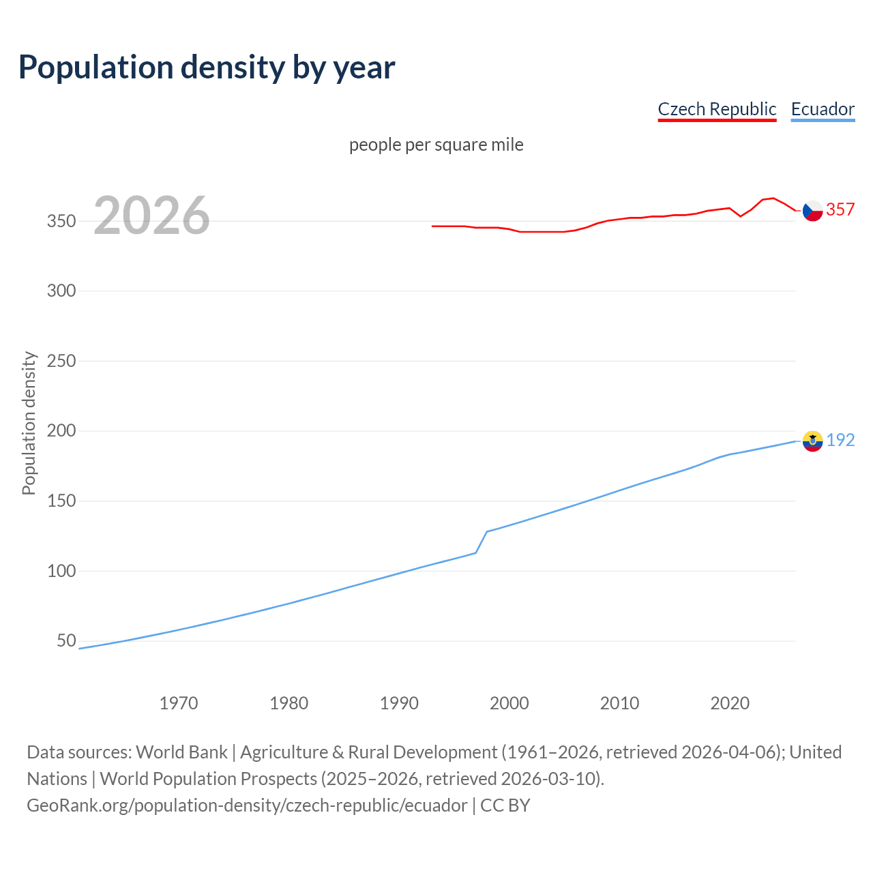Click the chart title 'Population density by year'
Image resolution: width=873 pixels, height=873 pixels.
[x=207, y=68]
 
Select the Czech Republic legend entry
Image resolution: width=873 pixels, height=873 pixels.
[x=717, y=109]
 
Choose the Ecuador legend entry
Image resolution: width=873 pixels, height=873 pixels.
[x=823, y=109]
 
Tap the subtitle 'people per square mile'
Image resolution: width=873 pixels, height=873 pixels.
[x=436, y=145]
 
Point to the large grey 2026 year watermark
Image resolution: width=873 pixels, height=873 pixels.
[x=151, y=216]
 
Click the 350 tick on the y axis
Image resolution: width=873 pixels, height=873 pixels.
[x=61, y=221]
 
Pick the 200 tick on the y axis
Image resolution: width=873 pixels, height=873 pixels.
[x=61, y=431]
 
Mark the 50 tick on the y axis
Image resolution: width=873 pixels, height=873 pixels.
[x=66, y=640]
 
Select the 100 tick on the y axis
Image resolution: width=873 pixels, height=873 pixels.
[x=61, y=571]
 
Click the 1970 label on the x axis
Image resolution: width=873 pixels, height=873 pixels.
[x=179, y=703]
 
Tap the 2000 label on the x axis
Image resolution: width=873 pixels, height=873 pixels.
[x=509, y=703]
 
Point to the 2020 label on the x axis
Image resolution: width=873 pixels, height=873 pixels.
[x=730, y=703]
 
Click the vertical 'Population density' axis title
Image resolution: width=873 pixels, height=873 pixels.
[x=29, y=423]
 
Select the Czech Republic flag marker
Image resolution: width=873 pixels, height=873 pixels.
[x=812, y=211]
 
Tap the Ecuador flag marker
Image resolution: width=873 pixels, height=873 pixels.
[x=812, y=441]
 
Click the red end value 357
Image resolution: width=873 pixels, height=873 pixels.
[x=840, y=210]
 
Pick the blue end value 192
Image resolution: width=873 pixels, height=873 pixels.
[x=840, y=441]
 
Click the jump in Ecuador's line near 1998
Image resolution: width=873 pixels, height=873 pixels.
[x=482, y=542]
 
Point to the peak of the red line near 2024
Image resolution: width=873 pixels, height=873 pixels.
[x=772, y=198]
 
